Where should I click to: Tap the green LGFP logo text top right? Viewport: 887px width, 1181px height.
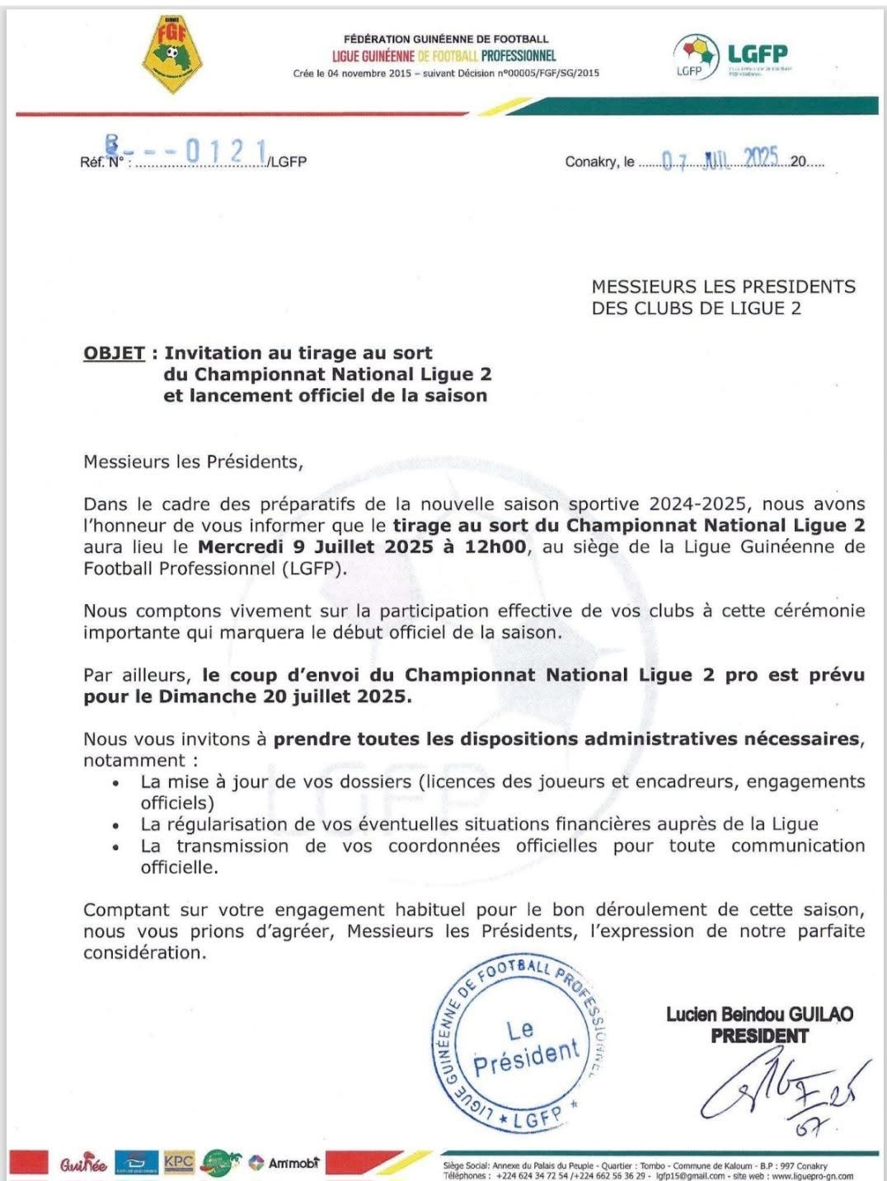[757, 54]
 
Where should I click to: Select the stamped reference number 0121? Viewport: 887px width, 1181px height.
[226, 151]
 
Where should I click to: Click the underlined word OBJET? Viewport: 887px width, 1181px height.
[114, 353]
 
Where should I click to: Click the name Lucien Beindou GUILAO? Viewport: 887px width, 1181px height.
[759, 1015]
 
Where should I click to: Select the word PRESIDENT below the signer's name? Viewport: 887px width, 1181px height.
[759, 1036]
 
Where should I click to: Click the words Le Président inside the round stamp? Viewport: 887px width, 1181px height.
[525, 1047]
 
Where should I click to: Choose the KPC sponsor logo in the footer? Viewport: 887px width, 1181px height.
[179, 1162]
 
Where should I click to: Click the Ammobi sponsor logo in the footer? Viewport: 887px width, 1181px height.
[284, 1163]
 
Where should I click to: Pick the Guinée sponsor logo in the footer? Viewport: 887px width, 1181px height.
[82, 1164]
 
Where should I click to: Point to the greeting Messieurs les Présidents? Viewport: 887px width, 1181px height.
[193, 462]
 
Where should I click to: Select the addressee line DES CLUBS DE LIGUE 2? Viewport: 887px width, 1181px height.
[696, 308]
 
